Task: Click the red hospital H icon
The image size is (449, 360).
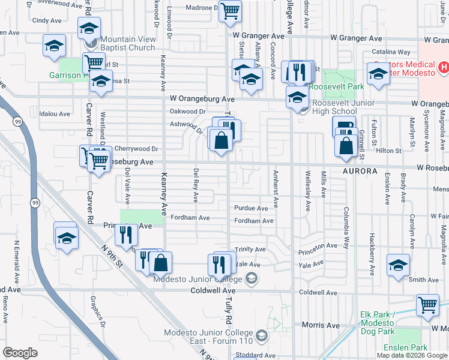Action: click(443, 67)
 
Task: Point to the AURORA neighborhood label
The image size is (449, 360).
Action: click(360, 171)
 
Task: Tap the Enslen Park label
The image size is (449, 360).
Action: click(411, 347)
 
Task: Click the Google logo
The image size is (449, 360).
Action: click(20, 353)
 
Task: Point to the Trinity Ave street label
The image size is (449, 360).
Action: click(250, 249)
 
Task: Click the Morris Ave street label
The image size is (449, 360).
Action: click(321, 325)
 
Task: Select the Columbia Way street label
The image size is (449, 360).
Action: click(346, 223)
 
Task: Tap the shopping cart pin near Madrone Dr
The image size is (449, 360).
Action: click(231, 11)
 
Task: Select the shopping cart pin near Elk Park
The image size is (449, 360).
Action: click(427, 304)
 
